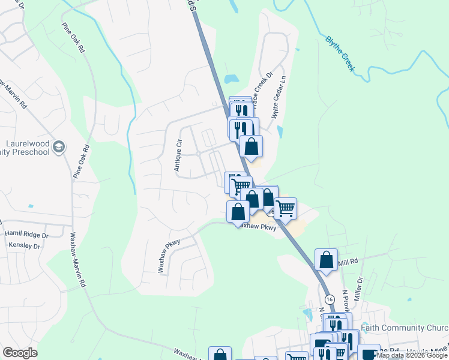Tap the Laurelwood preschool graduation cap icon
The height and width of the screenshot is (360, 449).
59,147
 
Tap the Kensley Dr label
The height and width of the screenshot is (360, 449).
24,246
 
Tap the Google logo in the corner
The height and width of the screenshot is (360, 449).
20,353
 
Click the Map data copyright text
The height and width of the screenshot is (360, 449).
412,356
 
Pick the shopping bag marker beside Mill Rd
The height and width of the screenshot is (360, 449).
326,260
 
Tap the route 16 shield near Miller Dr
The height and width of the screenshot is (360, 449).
329,299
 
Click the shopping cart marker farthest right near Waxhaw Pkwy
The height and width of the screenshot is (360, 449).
285,208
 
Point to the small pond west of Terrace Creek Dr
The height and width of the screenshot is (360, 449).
231,79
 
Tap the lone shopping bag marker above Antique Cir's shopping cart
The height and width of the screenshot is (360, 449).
251,146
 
